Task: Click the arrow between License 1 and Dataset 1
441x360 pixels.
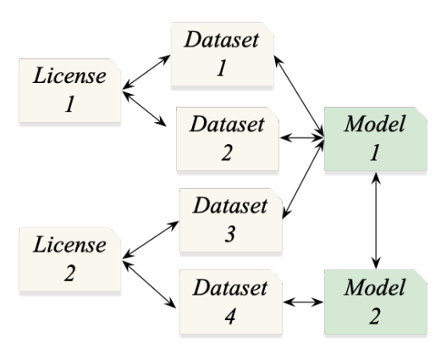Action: pos(146,72)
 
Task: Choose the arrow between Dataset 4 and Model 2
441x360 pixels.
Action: pos(301,300)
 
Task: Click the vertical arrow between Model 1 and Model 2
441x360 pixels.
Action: pos(375,219)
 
